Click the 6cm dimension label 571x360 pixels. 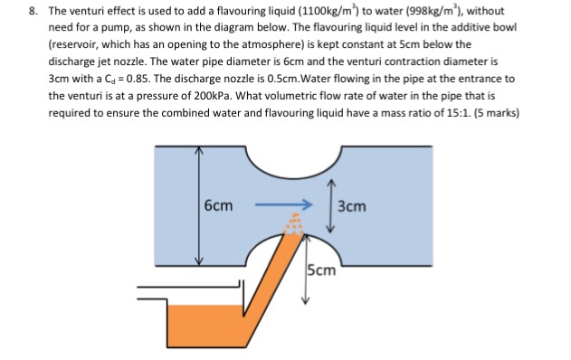218,205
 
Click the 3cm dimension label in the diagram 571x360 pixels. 351,206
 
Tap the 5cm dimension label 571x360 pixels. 321,270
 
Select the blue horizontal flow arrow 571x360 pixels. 283,204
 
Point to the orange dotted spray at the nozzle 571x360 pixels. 294,223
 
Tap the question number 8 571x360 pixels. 33,11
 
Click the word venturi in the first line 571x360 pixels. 86,11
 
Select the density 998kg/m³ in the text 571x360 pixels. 433,11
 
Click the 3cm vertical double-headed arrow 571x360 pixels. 330,205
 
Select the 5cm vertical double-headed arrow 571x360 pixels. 306,270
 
